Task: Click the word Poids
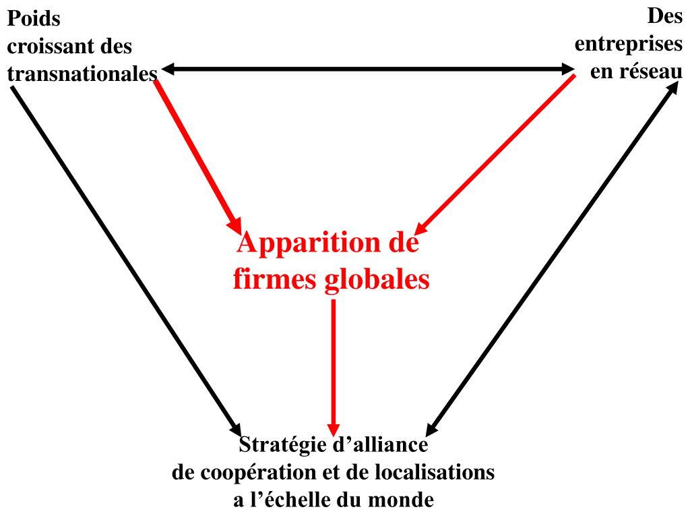34,19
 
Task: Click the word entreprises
628,44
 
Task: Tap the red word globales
377,279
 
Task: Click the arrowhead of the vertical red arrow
334,428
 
